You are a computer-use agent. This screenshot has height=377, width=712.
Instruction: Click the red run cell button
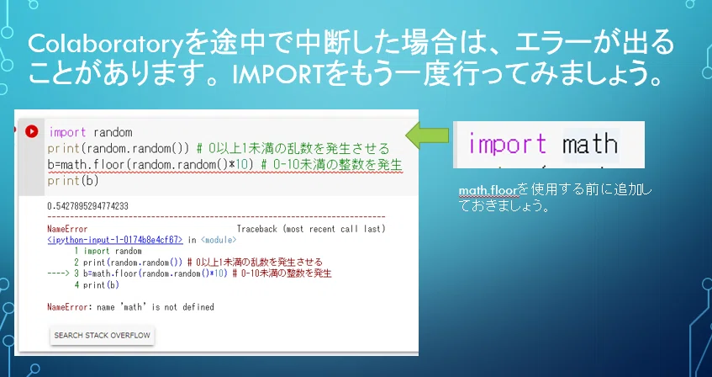pos(31,132)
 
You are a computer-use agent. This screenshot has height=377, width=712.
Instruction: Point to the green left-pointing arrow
pos(427,135)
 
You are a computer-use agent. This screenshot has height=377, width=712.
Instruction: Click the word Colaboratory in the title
pos(105,44)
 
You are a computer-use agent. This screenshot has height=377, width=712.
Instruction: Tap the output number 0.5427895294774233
pos(87,206)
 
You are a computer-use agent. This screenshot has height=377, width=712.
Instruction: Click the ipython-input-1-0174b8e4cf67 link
pos(115,240)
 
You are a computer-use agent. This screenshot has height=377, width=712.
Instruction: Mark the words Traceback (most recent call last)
pos(311,229)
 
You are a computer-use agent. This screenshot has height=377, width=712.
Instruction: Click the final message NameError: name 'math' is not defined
pos(130,307)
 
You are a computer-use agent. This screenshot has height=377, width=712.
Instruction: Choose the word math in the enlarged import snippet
pos(590,144)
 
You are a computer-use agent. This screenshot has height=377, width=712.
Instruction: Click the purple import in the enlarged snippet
pos(508,144)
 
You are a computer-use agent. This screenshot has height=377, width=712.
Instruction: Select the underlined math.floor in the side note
pos(488,189)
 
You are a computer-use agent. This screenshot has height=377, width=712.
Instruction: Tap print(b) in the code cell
pos(73,181)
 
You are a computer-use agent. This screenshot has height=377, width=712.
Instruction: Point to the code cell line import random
pos(90,132)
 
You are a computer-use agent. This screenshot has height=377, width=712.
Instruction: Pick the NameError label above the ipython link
pos(67,229)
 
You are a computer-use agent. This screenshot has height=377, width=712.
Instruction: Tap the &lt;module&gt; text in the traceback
pos(218,240)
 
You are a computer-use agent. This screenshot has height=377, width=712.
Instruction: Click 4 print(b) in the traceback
pos(97,285)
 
